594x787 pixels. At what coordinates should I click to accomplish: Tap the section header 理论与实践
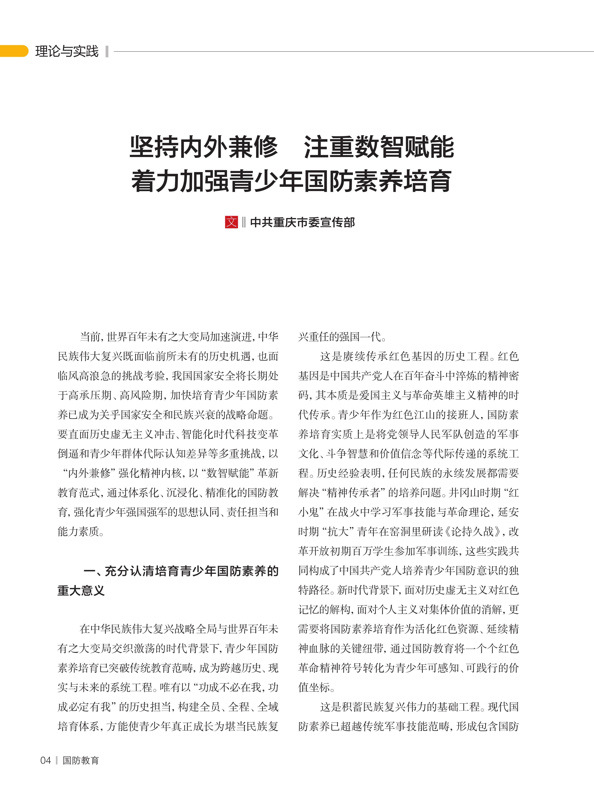67,51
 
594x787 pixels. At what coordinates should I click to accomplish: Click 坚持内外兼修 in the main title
204,147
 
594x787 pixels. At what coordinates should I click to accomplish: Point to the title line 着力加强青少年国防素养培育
291,181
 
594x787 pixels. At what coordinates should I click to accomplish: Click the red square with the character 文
231,222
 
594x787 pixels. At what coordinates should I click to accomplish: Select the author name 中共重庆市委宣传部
303,222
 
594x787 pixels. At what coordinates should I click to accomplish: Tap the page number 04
46,760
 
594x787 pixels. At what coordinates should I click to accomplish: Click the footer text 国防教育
81,760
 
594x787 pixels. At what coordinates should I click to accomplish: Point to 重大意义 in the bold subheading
81,591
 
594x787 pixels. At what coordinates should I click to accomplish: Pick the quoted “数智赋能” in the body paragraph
228,473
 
